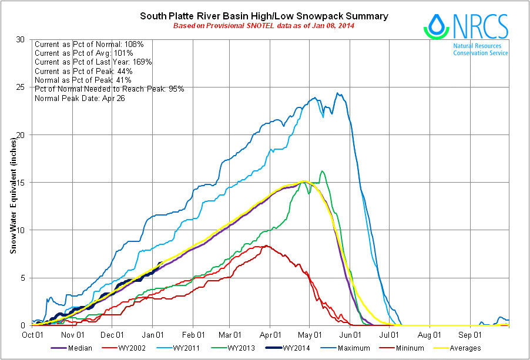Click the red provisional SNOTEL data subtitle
tap(263, 26)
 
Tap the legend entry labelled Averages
tap(465, 348)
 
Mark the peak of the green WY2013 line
tap(322, 171)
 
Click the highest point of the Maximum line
tap(337, 93)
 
